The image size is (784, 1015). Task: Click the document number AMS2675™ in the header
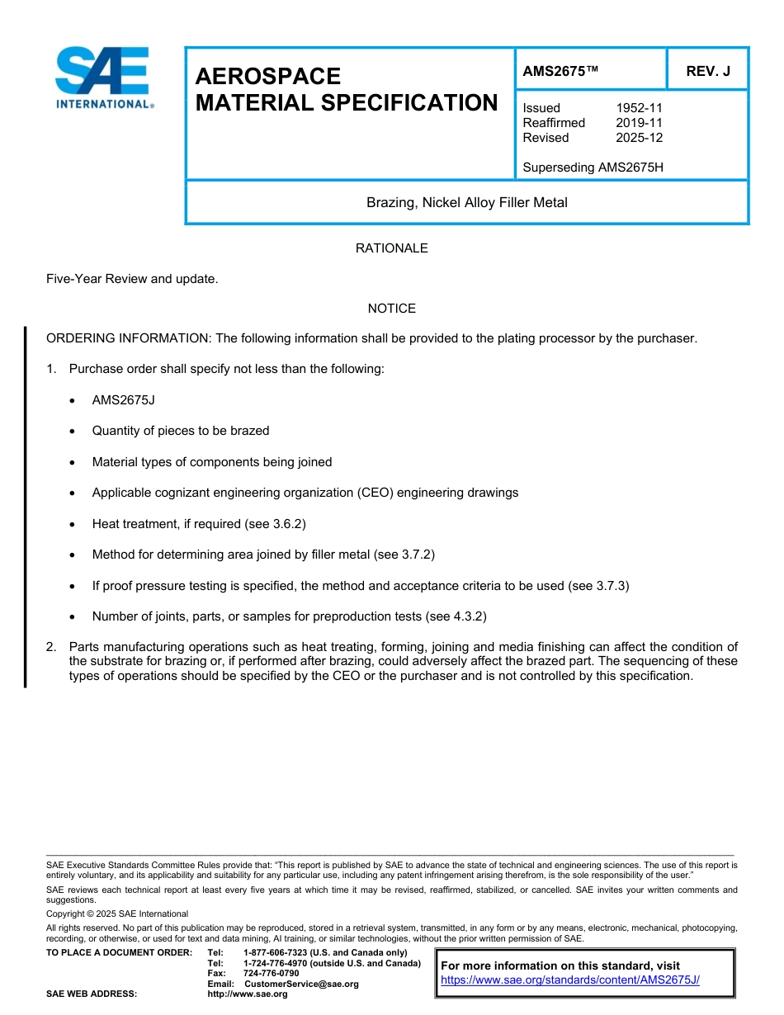pyautogui.click(x=560, y=71)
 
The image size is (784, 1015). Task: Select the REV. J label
pyautogui.click(x=708, y=71)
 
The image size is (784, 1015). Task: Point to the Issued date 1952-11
pyautogui.click(x=639, y=108)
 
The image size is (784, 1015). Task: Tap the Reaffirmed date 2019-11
pyautogui.click(x=639, y=123)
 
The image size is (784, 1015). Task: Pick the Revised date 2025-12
pyautogui.click(x=639, y=138)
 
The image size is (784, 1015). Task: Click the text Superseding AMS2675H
pyautogui.click(x=593, y=168)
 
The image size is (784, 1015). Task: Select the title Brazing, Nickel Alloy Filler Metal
pyautogui.click(x=466, y=202)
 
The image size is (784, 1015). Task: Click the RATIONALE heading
pyautogui.click(x=391, y=248)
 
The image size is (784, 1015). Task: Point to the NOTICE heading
pyautogui.click(x=391, y=309)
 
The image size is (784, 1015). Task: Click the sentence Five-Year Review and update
pyautogui.click(x=132, y=279)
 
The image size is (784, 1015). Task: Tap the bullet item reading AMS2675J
pyautogui.click(x=123, y=400)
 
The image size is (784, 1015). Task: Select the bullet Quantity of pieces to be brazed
pyautogui.click(x=181, y=431)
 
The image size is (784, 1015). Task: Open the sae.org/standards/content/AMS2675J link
pyautogui.click(x=570, y=980)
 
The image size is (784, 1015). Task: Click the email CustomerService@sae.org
pyautogui.click(x=301, y=984)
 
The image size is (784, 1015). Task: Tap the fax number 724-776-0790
pyautogui.click(x=271, y=974)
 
